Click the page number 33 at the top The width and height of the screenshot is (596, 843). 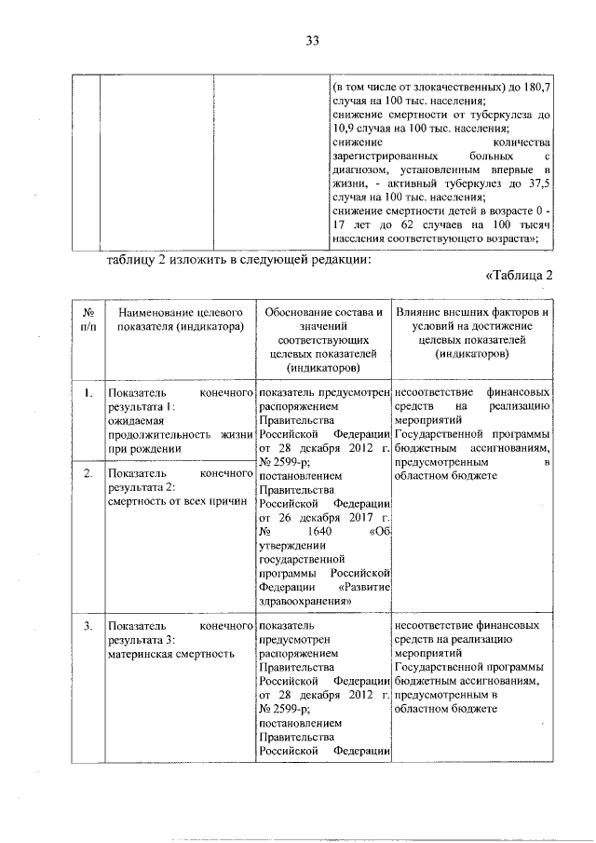point(312,40)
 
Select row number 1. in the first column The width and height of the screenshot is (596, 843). point(87,393)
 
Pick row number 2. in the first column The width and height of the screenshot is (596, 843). point(87,474)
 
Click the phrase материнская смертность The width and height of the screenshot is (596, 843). point(170,654)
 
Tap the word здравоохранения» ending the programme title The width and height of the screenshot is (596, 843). point(305,601)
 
